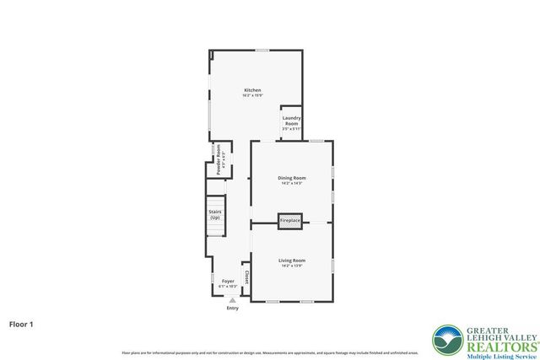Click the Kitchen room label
point(252,90)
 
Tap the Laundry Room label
point(292,121)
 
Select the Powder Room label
point(218,159)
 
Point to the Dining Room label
point(292,178)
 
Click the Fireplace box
point(290,221)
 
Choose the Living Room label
point(292,261)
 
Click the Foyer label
point(228,281)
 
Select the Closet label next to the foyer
point(246,277)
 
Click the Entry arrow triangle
point(233,300)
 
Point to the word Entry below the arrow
point(233,308)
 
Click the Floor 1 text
point(22,323)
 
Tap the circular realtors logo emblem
point(447,340)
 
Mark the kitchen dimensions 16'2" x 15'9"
point(252,95)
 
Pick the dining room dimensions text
point(292,183)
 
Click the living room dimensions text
point(292,266)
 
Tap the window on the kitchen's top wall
point(262,51)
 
